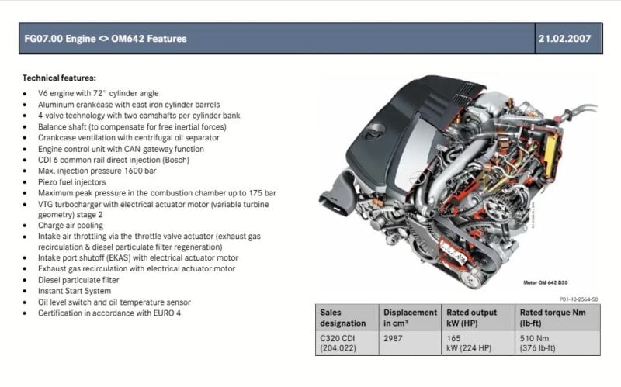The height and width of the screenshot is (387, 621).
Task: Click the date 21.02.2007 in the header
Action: pos(564,38)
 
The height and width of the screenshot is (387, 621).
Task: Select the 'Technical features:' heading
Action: pos(59,78)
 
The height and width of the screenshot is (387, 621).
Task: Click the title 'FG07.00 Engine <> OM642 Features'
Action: pos(106,38)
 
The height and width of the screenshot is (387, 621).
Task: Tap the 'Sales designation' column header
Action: pos(343,317)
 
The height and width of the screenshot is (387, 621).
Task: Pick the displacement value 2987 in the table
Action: pos(393,338)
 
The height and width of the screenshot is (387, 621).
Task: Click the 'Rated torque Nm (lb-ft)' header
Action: pos(553,317)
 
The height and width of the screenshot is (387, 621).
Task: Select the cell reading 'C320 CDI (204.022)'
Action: pos(338,343)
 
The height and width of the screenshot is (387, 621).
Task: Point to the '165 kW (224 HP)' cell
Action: pos(469,343)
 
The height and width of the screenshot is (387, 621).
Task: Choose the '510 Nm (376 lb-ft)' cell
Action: pos(537,343)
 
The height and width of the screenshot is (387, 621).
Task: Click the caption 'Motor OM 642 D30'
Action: pos(546,282)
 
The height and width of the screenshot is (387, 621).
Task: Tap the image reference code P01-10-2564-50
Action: pos(579,299)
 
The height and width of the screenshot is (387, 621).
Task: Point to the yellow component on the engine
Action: pos(551,151)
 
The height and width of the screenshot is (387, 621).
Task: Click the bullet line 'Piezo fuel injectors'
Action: pos(71,182)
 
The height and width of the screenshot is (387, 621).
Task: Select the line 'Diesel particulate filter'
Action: pos(78,280)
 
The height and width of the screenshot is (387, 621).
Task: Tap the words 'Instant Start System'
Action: pos(75,291)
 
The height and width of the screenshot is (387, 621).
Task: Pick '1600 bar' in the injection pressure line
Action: pos(141,171)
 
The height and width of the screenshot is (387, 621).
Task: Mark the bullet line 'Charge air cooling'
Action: pos(71,226)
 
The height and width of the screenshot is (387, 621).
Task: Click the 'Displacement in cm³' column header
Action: pos(410,317)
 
